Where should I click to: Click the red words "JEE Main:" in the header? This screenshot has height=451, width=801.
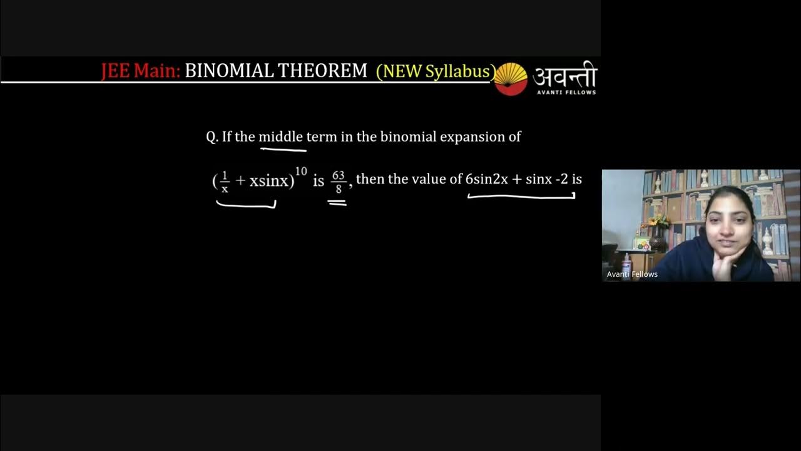140,71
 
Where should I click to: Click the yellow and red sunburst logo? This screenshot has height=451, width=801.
511,79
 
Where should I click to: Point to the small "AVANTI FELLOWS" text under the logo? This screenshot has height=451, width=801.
566,92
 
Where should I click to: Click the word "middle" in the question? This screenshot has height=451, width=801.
280,137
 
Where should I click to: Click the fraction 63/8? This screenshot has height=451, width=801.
339,181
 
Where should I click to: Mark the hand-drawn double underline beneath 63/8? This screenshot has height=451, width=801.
337,202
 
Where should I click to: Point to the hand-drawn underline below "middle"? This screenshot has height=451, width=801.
283,150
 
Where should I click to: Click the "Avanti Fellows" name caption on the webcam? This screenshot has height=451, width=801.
632,274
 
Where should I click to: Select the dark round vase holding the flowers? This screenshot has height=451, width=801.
658,241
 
